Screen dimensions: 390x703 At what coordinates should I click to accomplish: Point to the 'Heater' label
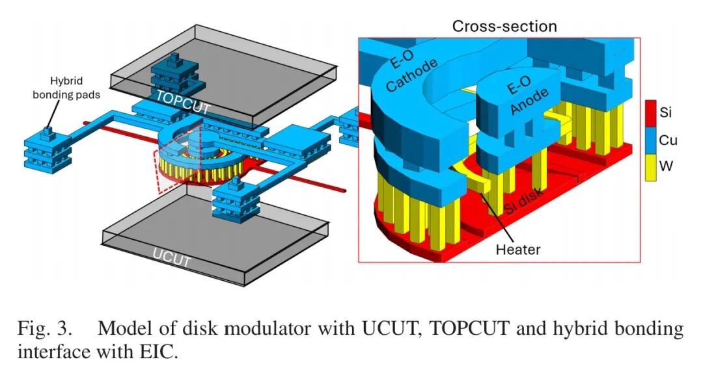click(x=517, y=248)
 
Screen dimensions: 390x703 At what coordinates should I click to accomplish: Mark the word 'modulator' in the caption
click(x=266, y=329)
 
